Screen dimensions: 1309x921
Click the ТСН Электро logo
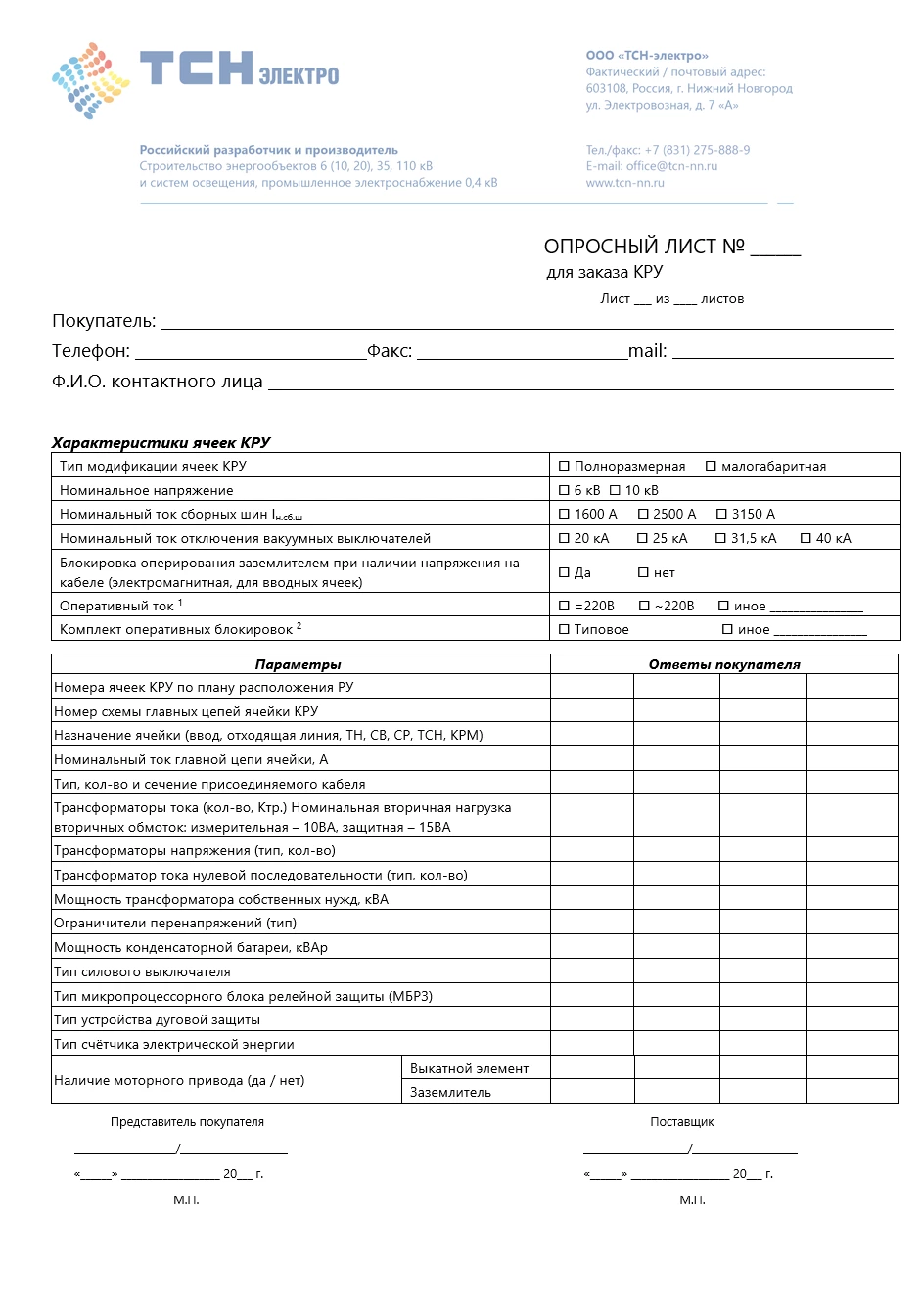tap(196, 74)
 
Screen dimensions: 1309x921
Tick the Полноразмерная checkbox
tap(564, 467)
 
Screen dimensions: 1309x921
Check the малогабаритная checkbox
tap(712, 467)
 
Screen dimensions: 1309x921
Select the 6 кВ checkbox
tap(564, 490)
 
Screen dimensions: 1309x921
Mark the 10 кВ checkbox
tap(615, 490)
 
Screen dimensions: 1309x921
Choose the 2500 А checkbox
tap(643, 514)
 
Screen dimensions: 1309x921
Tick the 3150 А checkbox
tap(721, 514)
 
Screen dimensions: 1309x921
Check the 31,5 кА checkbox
tap(720, 538)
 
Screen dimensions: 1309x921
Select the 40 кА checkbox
tap(806, 538)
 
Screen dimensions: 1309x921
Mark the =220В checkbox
tap(564, 606)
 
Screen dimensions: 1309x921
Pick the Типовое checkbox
tap(564, 629)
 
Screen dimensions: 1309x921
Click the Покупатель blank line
tap(527, 323)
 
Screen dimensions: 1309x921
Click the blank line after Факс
tap(522, 353)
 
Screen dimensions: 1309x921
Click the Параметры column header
tap(299, 664)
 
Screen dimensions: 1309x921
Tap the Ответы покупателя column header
tap(724, 664)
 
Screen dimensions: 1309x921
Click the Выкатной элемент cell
tap(470, 1068)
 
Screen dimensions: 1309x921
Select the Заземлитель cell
tap(451, 1092)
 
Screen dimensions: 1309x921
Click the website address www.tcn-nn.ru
tap(624, 183)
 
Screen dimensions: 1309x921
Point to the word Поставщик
tap(682, 1122)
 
